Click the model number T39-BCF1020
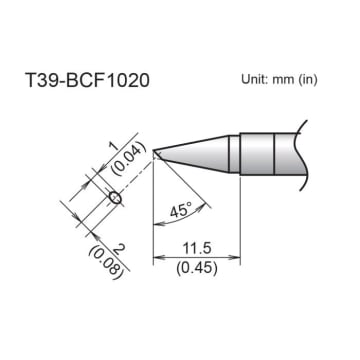pyautogui.click(x=89, y=80)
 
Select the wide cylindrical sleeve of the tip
pyautogui.click(x=259, y=153)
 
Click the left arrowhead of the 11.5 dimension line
pyautogui.click(x=157, y=258)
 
